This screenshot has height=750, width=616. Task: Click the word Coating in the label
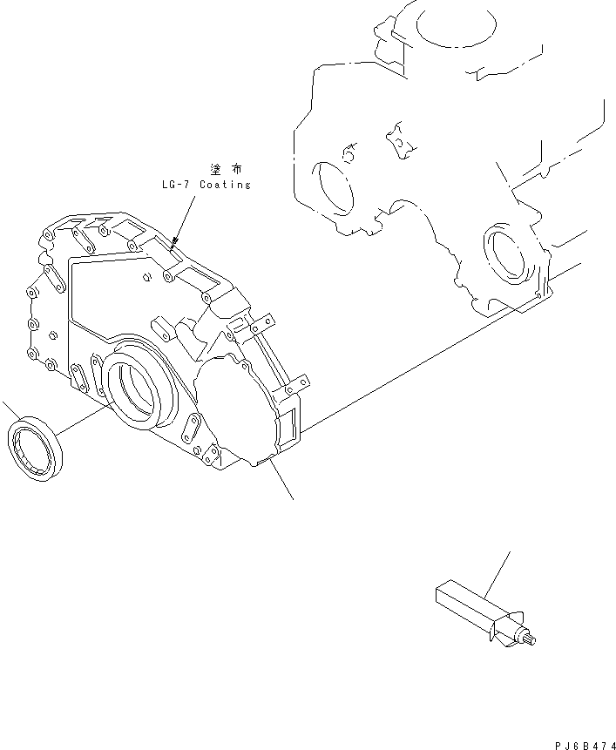click(x=225, y=185)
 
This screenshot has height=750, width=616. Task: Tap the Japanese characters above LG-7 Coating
click(x=224, y=168)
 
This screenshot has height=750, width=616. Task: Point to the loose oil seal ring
click(x=36, y=449)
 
